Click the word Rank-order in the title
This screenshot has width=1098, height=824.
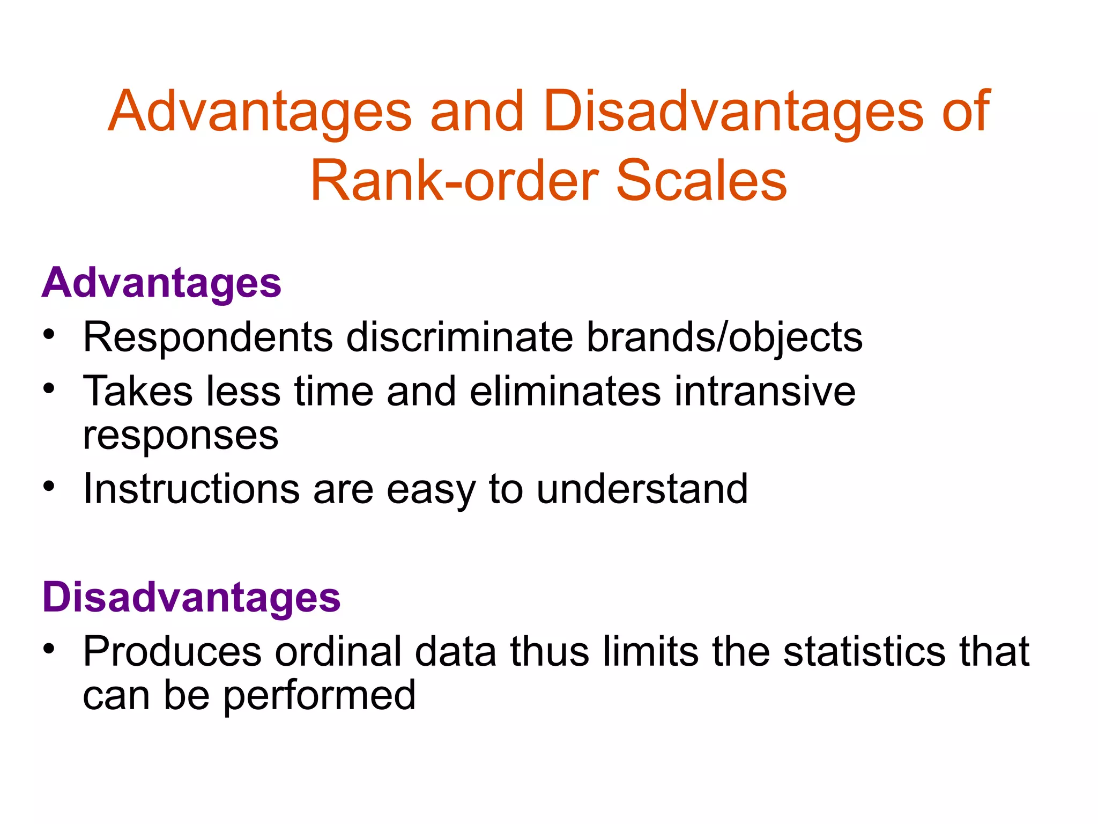point(454,181)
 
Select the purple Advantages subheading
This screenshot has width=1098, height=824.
point(161,283)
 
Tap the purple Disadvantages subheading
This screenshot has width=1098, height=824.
point(191,597)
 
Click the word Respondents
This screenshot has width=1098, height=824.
point(208,338)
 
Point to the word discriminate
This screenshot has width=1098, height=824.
point(459,338)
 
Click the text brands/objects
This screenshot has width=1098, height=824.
point(724,338)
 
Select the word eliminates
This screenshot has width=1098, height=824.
point(565,392)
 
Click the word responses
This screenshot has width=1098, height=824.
point(181,436)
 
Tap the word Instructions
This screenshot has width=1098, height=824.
point(191,489)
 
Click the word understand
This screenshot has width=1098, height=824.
point(642,489)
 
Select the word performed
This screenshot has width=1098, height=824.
point(319,696)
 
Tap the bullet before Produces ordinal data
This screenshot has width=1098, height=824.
point(49,649)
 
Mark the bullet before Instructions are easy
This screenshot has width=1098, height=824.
point(49,486)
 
